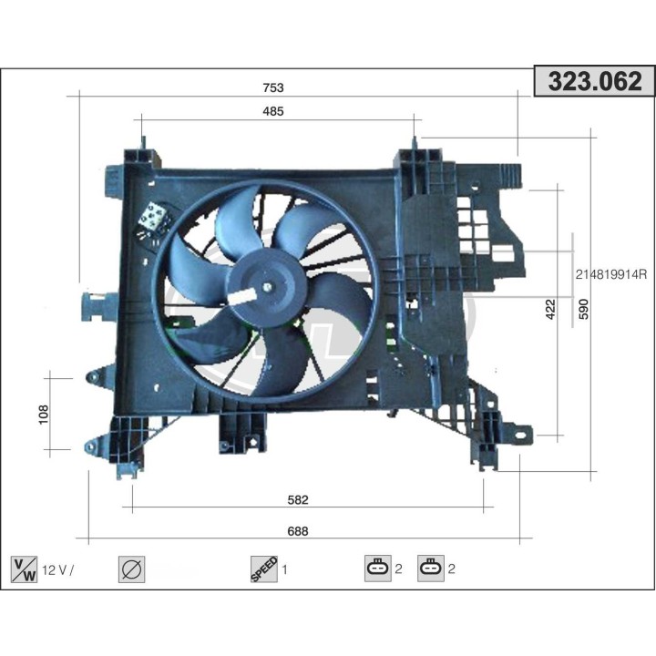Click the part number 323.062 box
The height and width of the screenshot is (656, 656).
pos(592,82)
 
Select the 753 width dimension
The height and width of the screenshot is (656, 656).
pos(273,87)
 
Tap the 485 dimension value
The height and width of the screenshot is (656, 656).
pos(273,111)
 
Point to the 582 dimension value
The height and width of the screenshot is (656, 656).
pos(298,499)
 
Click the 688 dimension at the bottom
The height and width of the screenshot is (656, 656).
pos(298,532)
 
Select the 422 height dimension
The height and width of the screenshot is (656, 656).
pos(549,310)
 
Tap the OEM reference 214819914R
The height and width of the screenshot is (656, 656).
pos(610,273)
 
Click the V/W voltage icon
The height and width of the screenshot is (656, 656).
pos(24,569)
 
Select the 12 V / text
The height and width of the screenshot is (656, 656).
pos(57,570)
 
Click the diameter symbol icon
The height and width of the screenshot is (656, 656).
pos(132,569)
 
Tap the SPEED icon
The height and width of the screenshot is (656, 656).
pos(263,569)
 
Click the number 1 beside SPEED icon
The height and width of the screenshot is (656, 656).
pos(285,570)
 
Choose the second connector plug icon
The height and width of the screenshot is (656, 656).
pos(430,569)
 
